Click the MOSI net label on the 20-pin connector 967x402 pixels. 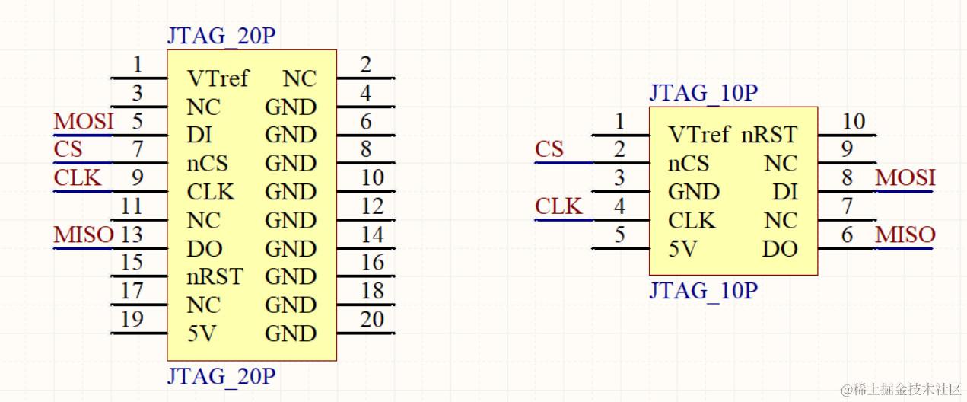[84, 121]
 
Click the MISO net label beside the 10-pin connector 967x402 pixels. [905, 234]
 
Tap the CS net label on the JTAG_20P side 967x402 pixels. [68, 148]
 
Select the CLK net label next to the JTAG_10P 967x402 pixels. [558, 206]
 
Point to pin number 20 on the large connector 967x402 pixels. [372, 320]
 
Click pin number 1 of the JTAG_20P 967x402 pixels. [137, 64]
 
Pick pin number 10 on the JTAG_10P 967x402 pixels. [854, 121]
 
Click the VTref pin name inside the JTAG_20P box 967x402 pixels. [218, 78]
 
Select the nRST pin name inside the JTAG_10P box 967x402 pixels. [769, 136]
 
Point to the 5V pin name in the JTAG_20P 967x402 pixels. [203, 333]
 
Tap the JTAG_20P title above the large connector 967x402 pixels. [221, 37]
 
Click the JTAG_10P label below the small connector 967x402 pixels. [703, 291]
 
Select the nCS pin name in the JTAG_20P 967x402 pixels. [207, 164]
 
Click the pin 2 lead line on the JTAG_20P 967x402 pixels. [366, 78]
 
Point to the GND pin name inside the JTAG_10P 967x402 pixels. [694, 192]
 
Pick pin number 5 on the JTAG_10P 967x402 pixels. [620, 234]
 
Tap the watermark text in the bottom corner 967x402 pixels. [902, 389]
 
